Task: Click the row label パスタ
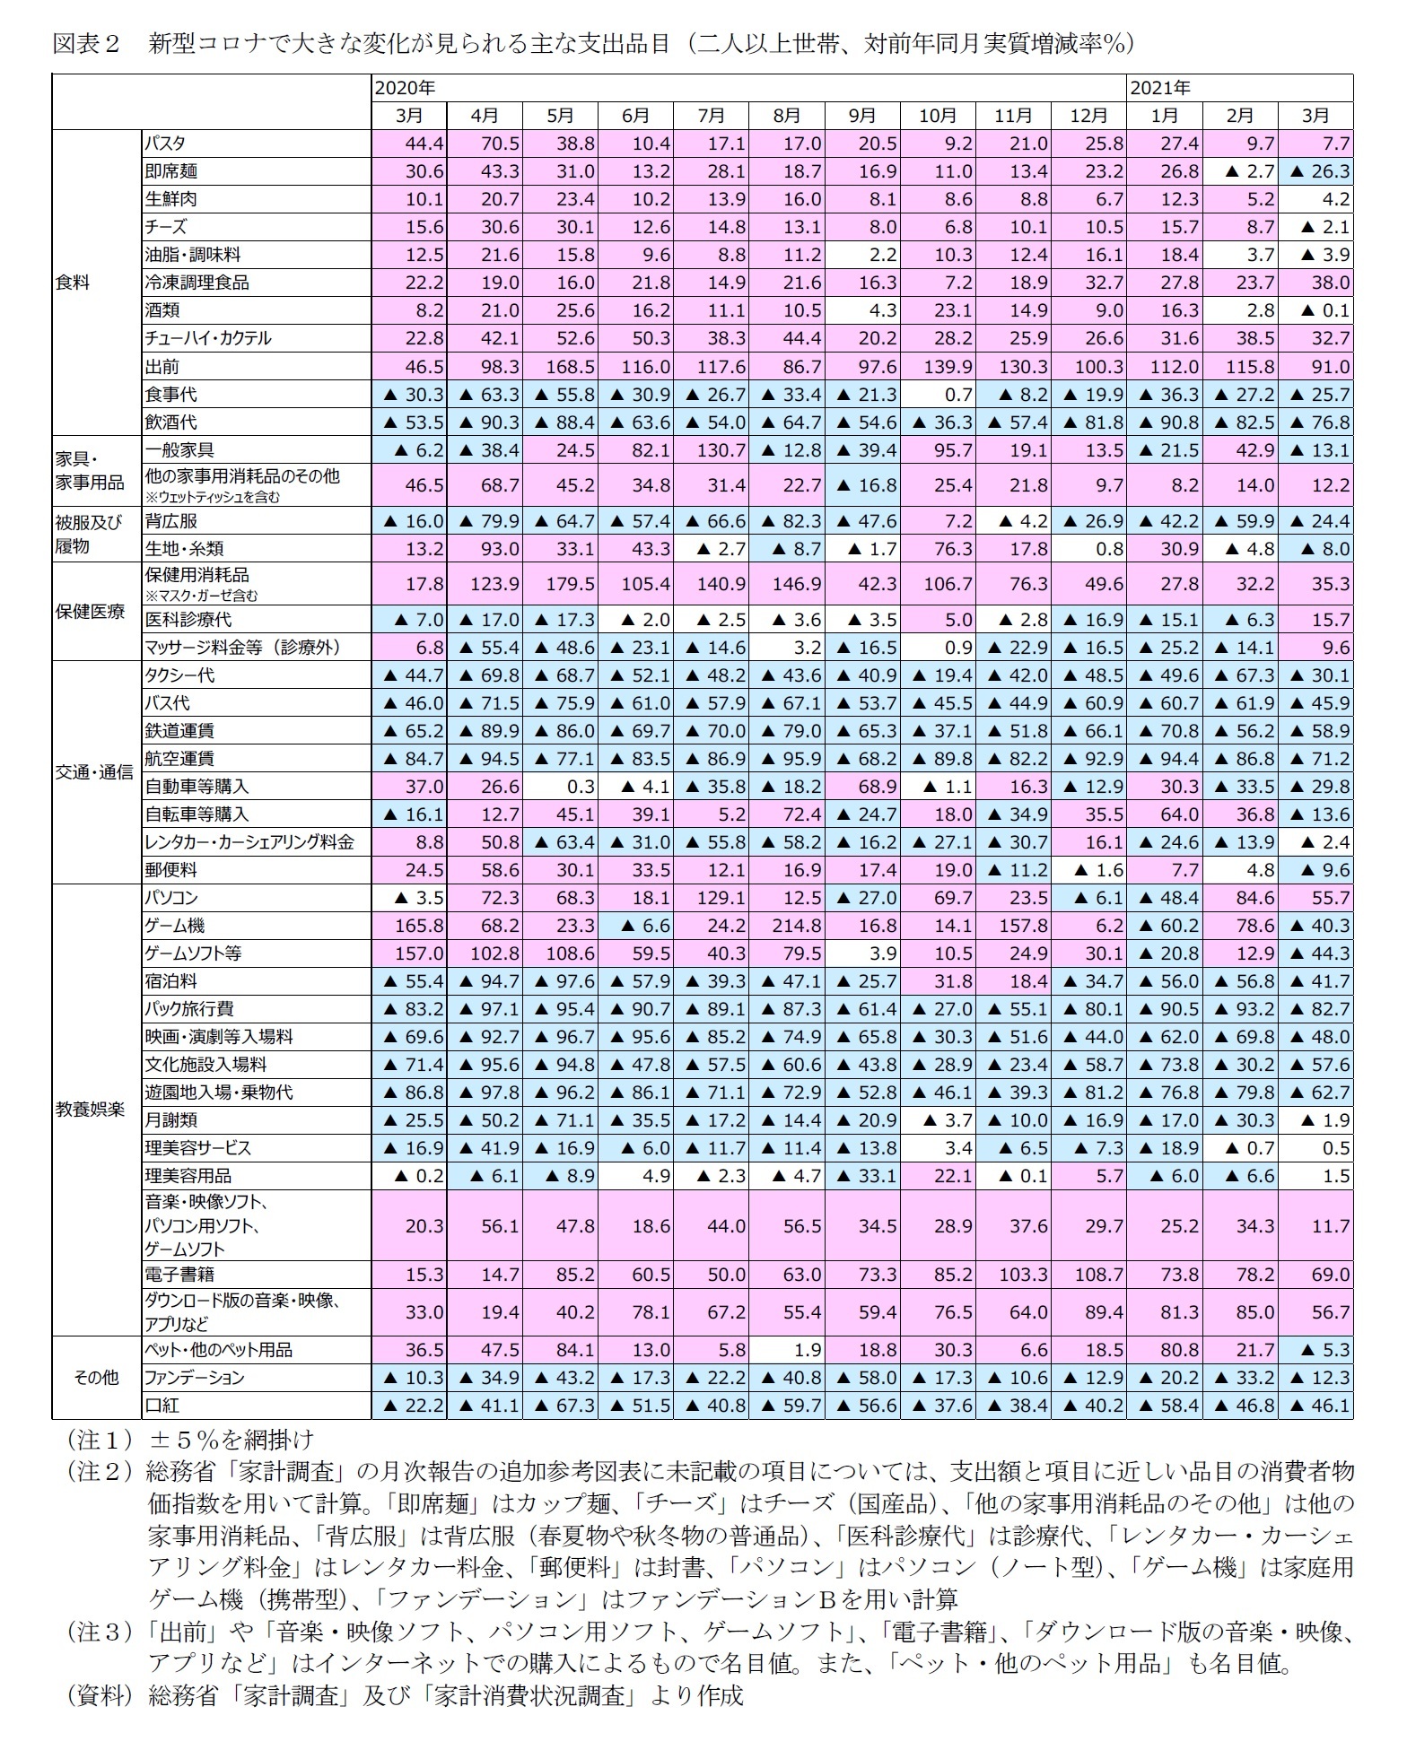[165, 143]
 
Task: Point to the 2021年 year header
[1159, 87]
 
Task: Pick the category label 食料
[74, 283]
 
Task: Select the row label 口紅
[162, 1405]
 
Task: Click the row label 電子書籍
[180, 1274]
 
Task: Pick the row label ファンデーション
[194, 1377]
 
